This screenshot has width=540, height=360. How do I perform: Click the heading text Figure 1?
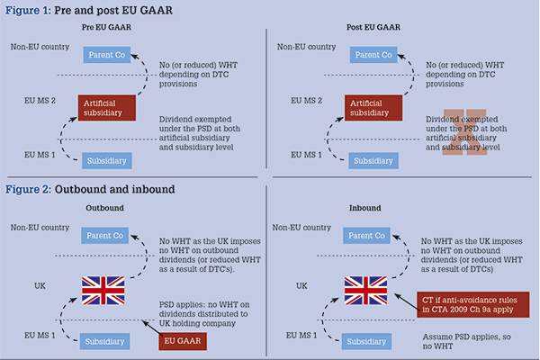28,10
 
